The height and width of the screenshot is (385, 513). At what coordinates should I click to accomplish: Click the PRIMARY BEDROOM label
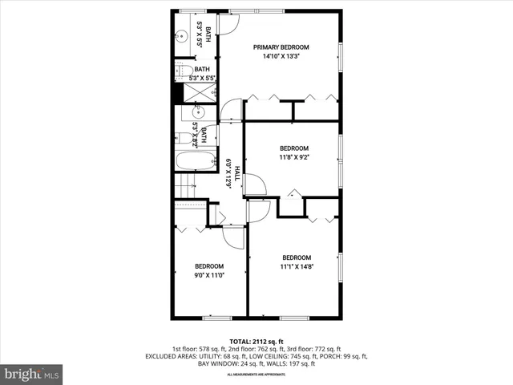[x=281, y=47]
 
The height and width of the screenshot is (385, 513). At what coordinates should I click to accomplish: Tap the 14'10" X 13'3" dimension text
[x=281, y=57]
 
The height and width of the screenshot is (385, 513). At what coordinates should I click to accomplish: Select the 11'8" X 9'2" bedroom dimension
[x=293, y=158]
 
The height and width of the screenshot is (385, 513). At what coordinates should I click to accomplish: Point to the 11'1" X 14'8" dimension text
[x=296, y=266]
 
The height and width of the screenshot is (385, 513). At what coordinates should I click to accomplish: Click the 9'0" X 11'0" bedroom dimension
[x=209, y=275]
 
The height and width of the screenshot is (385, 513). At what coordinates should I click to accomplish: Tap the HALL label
[x=237, y=172]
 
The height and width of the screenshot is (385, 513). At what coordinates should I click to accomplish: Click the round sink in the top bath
[x=182, y=37]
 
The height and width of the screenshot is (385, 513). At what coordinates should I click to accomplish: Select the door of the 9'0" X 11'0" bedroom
[x=233, y=235]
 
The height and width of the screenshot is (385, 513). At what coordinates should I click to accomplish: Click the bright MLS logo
[x=32, y=374]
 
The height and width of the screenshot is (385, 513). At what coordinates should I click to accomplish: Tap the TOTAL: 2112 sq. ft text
[x=256, y=341]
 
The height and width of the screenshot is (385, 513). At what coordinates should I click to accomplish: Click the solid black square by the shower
[x=178, y=93]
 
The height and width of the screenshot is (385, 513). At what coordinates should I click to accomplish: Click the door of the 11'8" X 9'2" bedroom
[x=254, y=184]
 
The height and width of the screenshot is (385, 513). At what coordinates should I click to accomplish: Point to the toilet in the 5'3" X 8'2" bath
[x=184, y=139]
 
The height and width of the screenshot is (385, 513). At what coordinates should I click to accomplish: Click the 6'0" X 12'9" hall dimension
[x=228, y=172]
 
